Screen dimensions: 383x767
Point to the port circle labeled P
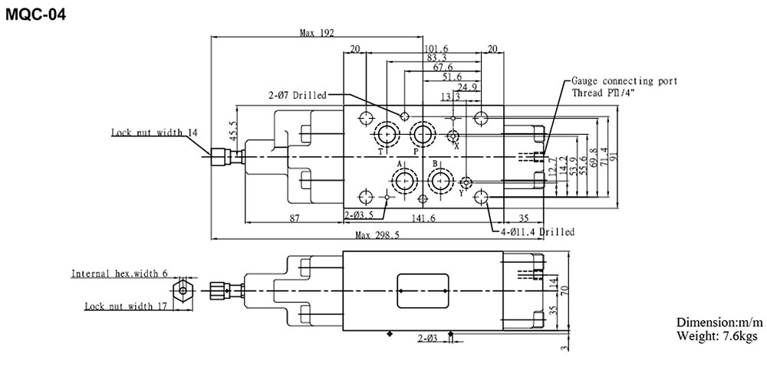(421, 136)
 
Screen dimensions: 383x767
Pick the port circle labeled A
(403, 182)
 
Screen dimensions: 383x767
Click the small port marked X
(453, 136)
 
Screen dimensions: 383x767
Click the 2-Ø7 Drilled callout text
(297, 96)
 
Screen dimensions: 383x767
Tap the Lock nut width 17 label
(125, 307)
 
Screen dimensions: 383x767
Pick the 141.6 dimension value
(423, 219)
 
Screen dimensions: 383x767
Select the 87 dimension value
(295, 219)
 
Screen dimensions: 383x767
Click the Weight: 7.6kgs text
(717, 336)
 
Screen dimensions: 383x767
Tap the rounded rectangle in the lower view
(423, 290)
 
